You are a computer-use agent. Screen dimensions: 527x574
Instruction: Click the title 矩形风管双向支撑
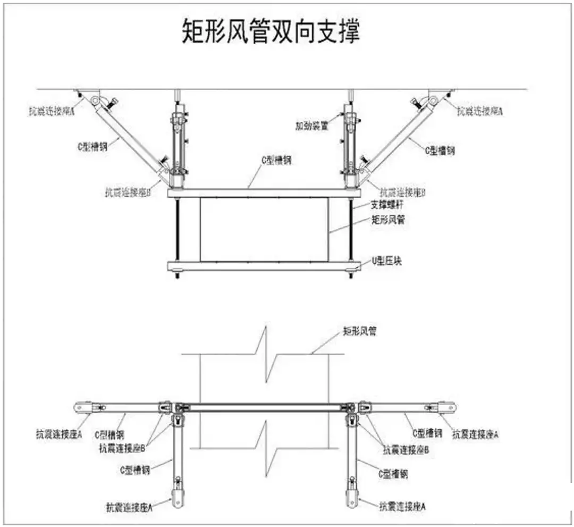pyautogui.click(x=271, y=32)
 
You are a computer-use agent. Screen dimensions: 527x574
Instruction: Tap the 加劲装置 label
pyautogui.click(x=312, y=126)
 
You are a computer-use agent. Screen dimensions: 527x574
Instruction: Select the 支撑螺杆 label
pyautogui.click(x=387, y=205)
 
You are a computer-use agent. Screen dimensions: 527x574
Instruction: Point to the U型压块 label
pyautogui.click(x=385, y=261)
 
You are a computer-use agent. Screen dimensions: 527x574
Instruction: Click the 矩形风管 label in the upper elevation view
pyautogui.click(x=387, y=219)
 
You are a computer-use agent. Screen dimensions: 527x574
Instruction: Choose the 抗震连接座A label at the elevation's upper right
pyautogui.click(x=480, y=111)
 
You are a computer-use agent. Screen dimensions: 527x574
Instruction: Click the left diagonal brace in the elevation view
pyautogui.click(x=130, y=136)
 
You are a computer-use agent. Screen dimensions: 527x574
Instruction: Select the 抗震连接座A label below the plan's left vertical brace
pyautogui.click(x=129, y=507)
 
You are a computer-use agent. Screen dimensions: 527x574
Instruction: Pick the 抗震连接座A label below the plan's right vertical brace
pyautogui.click(x=402, y=507)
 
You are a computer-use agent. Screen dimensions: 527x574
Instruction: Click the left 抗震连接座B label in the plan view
pyautogui.click(x=122, y=448)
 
